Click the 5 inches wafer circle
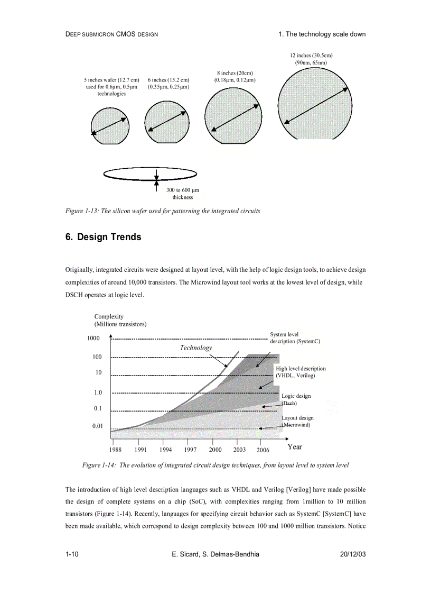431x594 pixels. click(110, 125)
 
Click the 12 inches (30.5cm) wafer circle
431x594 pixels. click(316, 104)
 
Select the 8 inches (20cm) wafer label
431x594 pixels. click(235, 76)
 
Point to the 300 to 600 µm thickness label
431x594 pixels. click(182, 194)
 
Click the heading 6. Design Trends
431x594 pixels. click(103, 237)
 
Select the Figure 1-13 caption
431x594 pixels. click(163, 211)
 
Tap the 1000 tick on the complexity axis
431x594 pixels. click(93, 339)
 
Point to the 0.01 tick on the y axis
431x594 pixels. click(97, 426)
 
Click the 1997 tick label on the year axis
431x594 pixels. click(190, 450)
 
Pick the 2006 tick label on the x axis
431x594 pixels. click(263, 450)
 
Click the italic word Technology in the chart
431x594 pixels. click(196, 348)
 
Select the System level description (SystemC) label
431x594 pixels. click(295, 337)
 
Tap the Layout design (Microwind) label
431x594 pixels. click(297, 421)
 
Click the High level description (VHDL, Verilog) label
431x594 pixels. click(301, 372)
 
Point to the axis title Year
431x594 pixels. click(295, 447)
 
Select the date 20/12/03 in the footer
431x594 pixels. click(353, 554)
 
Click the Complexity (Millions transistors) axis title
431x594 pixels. click(120, 320)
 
